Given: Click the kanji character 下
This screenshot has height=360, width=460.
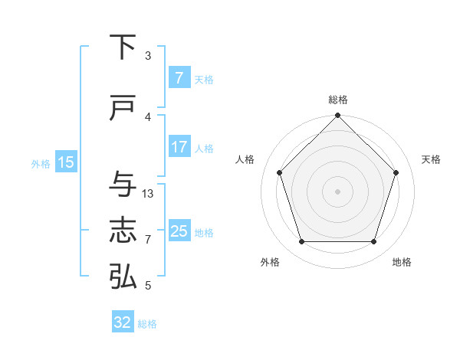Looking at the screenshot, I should point(123,47).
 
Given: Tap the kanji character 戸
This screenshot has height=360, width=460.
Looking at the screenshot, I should point(123,108).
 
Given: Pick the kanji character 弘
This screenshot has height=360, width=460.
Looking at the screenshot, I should point(123,277).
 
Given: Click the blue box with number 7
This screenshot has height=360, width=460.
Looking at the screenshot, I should point(179,78).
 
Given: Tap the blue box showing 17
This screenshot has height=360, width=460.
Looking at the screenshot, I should point(179,147).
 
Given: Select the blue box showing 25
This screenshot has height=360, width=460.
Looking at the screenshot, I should point(179,231).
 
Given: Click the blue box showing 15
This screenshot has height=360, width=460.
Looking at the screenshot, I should point(65,162).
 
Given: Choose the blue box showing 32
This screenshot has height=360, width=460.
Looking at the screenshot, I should point(123,322).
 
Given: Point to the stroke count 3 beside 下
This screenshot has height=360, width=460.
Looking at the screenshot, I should point(148,56).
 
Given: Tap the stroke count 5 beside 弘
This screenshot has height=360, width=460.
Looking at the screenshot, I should point(148,286).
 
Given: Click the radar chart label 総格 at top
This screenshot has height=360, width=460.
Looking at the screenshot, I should point(337,100).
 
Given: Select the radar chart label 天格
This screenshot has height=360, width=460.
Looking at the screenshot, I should point(431,159).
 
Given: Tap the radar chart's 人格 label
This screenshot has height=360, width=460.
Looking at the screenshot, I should point(245,159).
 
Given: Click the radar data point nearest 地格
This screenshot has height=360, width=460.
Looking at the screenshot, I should point(373,242).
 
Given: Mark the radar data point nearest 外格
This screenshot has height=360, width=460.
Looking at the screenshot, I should point(301,242).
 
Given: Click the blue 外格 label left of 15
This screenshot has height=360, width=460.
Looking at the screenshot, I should point(41,163).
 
